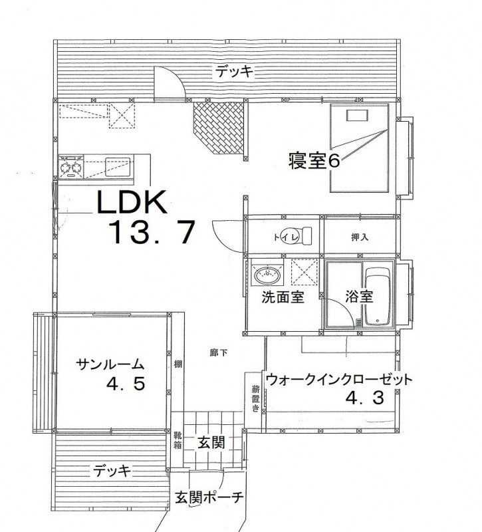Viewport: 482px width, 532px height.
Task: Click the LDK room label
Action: click(132, 201)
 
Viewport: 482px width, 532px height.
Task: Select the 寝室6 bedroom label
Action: click(314, 160)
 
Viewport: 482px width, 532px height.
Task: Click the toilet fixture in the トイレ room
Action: click(300, 235)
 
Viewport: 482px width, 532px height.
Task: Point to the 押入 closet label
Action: click(360, 237)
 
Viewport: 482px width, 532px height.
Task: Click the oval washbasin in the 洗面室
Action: click(268, 275)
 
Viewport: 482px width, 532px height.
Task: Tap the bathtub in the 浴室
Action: click(378, 296)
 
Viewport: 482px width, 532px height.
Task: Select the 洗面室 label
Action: click(283, 297)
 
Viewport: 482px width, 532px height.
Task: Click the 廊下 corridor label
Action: click(219, 353)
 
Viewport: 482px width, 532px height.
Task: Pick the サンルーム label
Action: click(110, 364)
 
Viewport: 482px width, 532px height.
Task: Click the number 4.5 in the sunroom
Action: click(126, 384)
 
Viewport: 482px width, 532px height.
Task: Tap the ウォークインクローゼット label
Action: click(339, 379)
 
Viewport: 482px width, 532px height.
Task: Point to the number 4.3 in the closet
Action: click(365, 398)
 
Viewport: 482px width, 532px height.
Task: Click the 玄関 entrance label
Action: click(211, 442)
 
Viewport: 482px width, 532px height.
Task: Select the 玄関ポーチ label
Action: click(209, 497)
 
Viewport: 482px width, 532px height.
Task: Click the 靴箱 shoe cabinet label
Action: click(178, 440)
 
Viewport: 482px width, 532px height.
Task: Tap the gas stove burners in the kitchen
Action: click(71, 167)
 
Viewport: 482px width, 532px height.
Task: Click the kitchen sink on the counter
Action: click(118, 167)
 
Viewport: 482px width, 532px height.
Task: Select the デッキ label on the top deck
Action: click(235, 72)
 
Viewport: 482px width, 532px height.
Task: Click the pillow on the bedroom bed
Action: click(357, 115)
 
